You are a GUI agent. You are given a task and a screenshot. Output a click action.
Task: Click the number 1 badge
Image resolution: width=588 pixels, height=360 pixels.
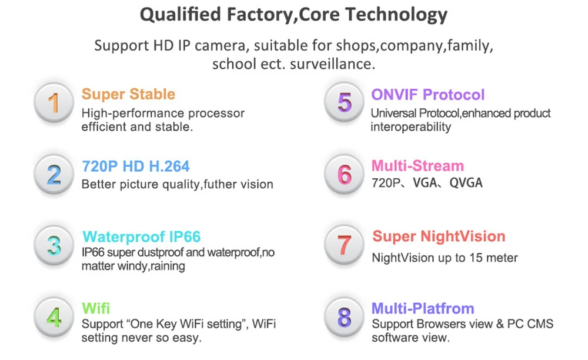coord(54,102)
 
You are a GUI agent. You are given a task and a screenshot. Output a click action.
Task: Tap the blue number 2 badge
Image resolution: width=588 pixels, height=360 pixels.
coord(54,174)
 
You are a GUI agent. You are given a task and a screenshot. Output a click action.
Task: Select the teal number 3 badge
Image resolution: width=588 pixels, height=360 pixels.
coord(54,246)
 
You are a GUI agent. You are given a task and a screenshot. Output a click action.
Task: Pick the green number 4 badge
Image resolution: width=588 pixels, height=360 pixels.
coord(54,318)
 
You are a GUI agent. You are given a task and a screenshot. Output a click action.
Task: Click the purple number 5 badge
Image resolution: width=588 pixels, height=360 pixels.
coord(344,102)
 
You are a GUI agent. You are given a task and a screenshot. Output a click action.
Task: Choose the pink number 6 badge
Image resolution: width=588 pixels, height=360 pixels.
coord(344,174)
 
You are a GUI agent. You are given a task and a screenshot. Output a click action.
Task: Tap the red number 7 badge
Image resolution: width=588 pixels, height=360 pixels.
coord(344,245)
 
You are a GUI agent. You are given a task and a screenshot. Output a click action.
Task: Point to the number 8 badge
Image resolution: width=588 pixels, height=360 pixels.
coord(344,318)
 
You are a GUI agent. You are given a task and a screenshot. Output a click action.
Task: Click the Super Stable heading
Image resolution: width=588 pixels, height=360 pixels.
coord(128,94)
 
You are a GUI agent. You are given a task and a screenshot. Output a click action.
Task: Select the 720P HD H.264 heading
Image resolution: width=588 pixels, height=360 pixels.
coord(136,166)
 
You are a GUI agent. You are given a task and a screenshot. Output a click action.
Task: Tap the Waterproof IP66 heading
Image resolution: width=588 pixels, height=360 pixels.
coord(141,236)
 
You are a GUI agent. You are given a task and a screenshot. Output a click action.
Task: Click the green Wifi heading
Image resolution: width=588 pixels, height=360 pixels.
coord(96,308)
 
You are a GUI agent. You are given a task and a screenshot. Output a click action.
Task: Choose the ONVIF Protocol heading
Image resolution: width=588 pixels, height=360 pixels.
coord(428,95)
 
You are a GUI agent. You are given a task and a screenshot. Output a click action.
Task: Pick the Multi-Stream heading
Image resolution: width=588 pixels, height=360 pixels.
coord(417,166)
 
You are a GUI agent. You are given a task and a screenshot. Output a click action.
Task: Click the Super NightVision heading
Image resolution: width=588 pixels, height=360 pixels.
coord(439,236)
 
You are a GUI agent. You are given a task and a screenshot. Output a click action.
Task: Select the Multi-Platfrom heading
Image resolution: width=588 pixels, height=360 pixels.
coord(423,308)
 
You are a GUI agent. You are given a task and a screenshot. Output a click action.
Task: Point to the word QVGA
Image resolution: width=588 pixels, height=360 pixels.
coord(466,182)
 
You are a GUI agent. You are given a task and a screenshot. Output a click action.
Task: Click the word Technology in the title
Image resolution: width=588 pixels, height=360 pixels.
coord(396,15)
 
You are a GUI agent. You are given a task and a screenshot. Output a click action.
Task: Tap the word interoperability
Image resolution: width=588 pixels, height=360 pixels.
coord(410,126)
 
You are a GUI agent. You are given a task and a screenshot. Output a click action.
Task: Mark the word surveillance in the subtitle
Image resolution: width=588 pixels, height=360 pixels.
coord(332,64)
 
